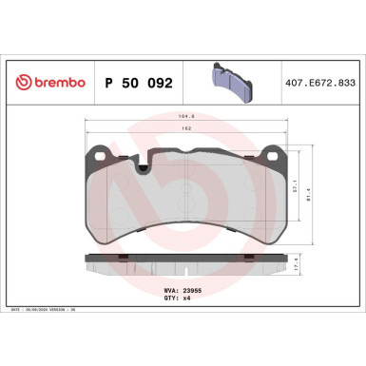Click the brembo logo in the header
point(48,83)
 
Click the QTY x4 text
point(176,297)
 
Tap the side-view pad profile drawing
point(183,261)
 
